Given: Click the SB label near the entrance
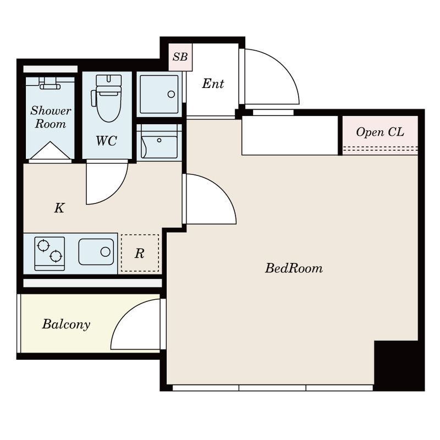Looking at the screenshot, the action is (180, 57).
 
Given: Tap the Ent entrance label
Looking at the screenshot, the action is (213, 84).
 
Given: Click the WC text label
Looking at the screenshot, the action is (106, 141).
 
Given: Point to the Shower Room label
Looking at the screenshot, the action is (51, 117).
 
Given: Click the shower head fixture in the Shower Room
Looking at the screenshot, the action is (50, 84).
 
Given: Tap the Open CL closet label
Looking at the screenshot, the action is (380, 132).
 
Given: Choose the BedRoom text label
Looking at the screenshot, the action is (294, 268).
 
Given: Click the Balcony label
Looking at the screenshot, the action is (66, 324).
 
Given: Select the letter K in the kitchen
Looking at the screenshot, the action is (59, 208).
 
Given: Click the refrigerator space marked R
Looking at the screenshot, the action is (140, 253).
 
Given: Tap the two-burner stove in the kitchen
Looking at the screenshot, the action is (50, 254).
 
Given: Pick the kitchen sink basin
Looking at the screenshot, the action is (96, 252).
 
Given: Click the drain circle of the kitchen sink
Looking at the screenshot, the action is (105, 252).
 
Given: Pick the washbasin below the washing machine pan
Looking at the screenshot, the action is (159, 142).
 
